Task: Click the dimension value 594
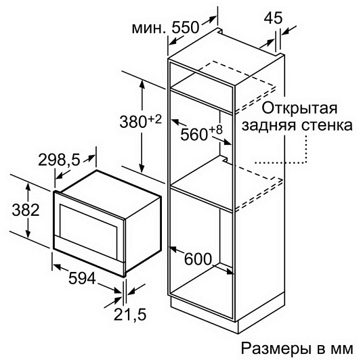(x=82, y=278)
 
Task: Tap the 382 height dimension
(x=26, y=210)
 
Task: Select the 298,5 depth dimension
(x=59, y=160)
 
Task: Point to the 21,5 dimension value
(x=130, y=315)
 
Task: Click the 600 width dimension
(x=198, y=258)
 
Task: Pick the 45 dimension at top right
(x=273, y=18)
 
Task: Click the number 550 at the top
(x=185, y=28)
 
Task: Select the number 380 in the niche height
(x=133, y=122)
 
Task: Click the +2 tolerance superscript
(x=154, y=120)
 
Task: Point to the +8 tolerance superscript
(x=216, y=130)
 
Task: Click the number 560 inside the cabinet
(x=194, y=135)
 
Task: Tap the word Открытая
(x=299, y=108)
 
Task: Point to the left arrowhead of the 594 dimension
(x=57, y=267)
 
